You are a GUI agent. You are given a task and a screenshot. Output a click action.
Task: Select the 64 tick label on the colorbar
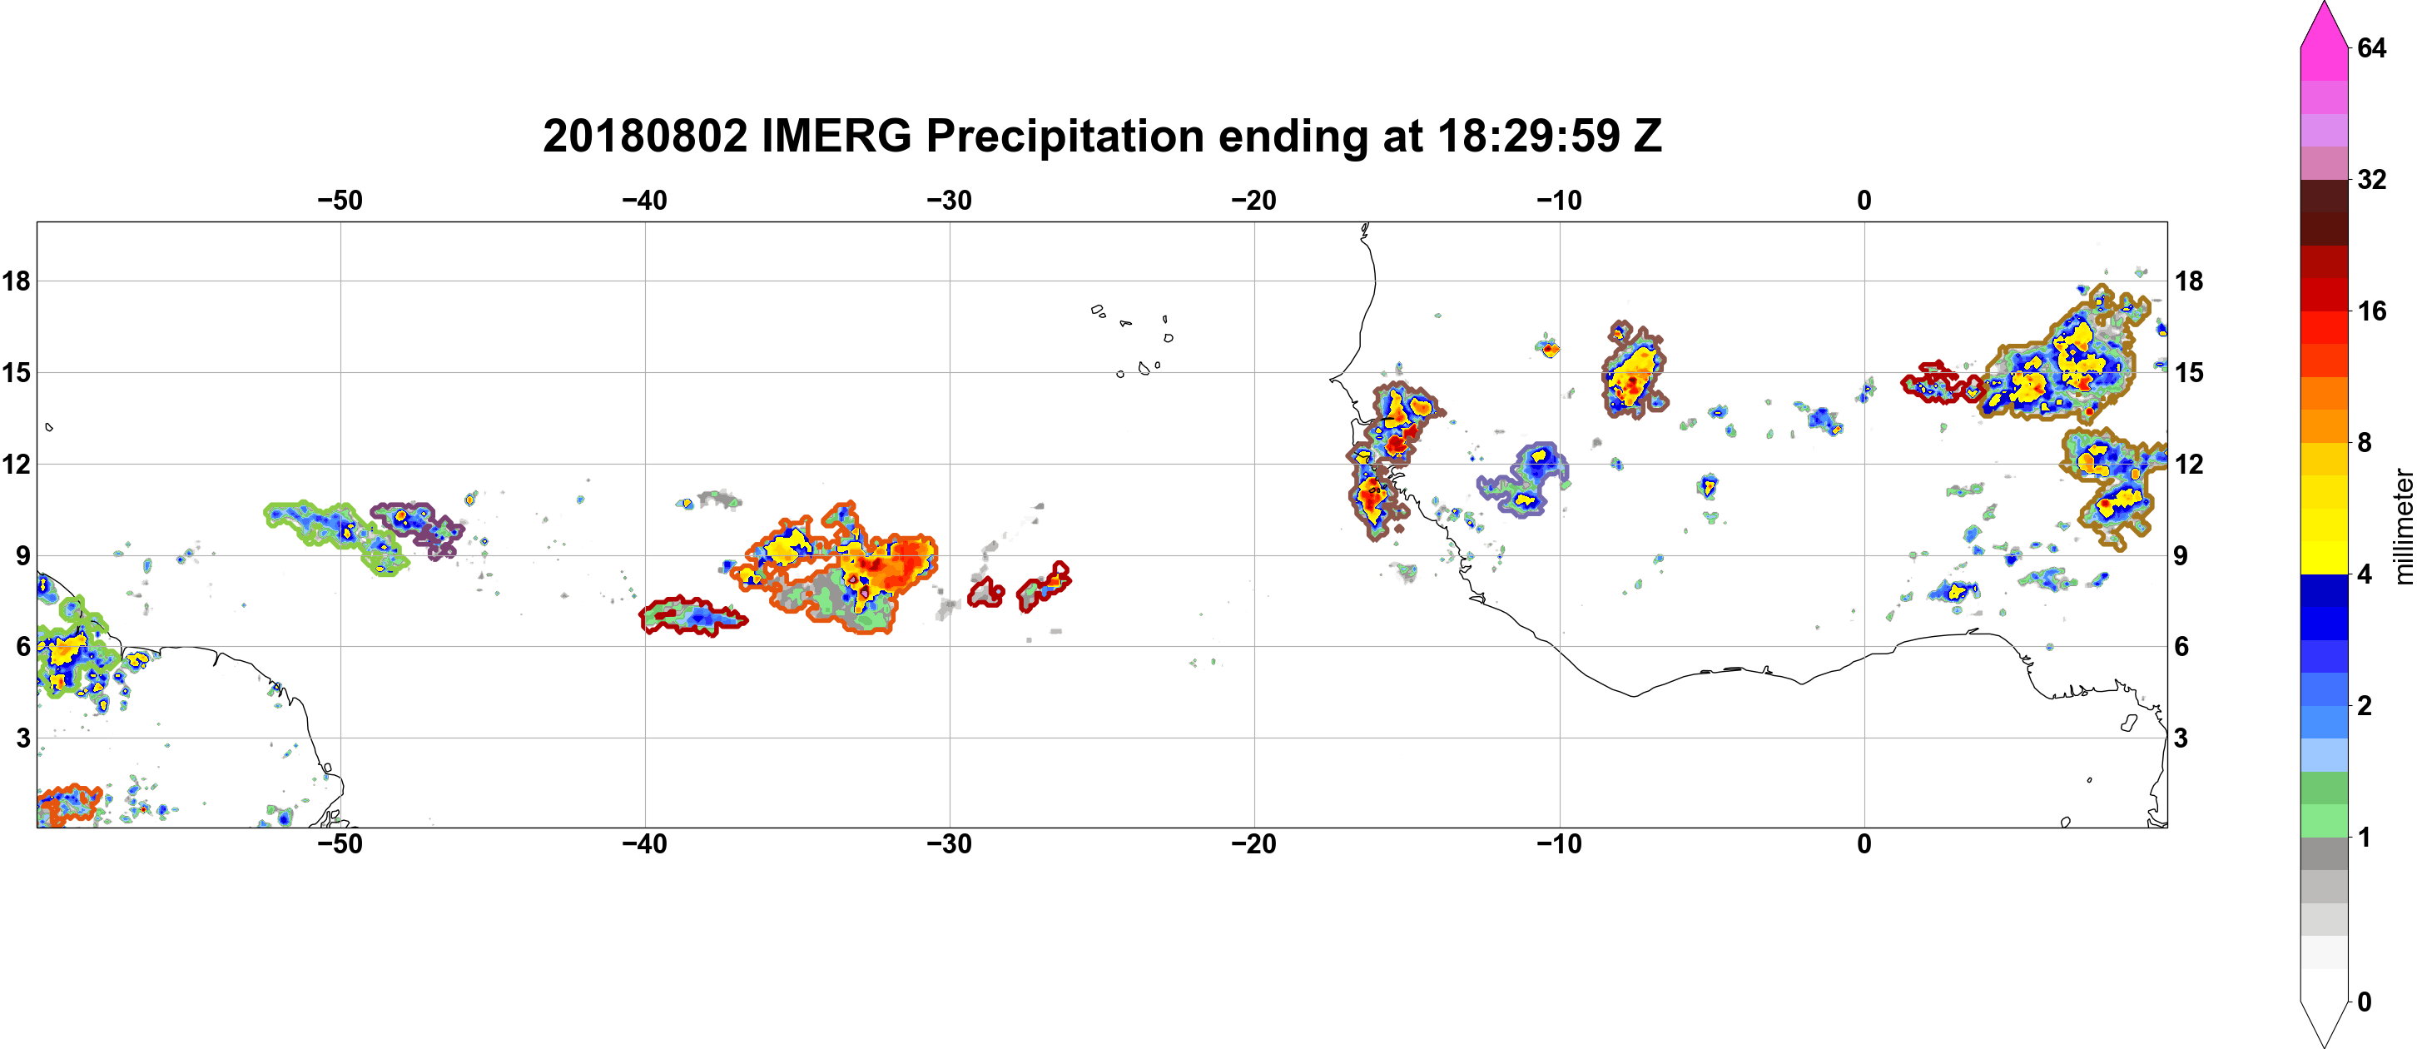point(2372,47)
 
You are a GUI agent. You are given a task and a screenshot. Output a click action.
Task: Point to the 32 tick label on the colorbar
point(2372,179)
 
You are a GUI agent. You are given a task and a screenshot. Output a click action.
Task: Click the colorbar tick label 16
point(2372,311)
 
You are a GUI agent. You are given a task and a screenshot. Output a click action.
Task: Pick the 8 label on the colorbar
point(2365,442)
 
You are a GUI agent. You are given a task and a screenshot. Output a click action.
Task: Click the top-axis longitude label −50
point(340,201)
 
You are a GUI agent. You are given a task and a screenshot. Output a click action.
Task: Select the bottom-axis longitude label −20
point(1254,844)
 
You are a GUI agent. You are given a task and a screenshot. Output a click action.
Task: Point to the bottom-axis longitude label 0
point(1864,844)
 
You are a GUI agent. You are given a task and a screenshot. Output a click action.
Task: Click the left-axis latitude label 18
point(16,281)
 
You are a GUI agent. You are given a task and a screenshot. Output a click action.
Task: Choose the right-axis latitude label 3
point(2181,738)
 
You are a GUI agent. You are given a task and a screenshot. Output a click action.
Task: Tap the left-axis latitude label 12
point(16,464)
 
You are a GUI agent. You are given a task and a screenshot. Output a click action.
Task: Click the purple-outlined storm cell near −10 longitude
point(1524,480)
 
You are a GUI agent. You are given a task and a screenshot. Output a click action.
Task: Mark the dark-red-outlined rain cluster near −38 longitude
point(693,616)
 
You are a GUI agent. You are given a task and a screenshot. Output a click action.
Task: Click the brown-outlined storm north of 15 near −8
point(1634,369)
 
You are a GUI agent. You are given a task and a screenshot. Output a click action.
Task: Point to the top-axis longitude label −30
point(950,201)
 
